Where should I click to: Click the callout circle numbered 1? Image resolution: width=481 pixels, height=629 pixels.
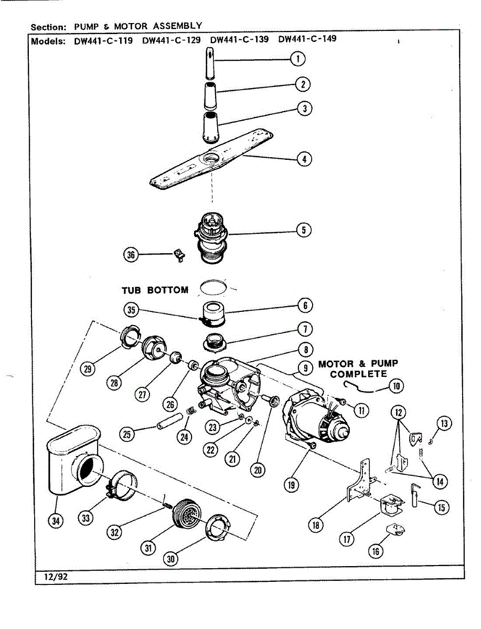point(298,59)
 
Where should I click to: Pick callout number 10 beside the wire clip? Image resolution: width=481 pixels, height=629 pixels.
point(396,386)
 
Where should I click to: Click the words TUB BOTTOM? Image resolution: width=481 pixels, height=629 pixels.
point(155,290)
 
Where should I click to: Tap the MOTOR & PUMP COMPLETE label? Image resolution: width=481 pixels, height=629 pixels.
point(358,368)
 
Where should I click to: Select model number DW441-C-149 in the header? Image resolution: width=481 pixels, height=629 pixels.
point(307,39)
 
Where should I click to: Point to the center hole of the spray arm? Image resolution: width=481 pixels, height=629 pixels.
point(214,157)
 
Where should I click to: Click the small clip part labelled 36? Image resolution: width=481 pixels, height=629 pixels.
point(179,255)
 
